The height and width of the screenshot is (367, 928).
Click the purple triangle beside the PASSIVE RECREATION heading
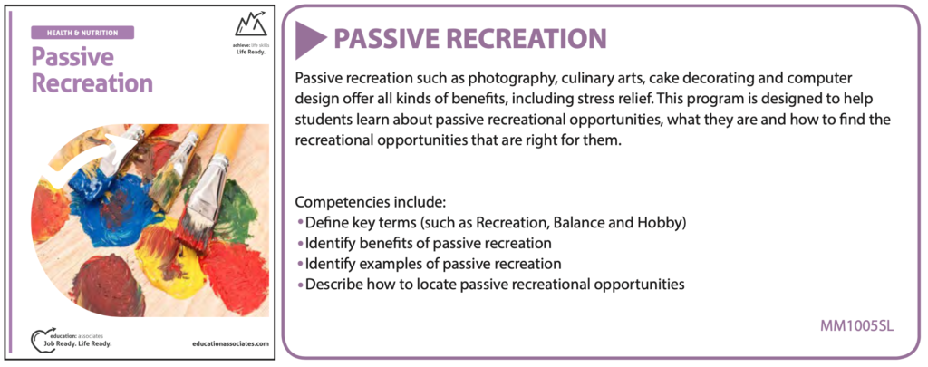(x=309, y=40)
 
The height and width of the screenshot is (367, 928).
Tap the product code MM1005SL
(x=857, y=326)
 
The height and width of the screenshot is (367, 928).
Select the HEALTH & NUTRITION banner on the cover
(x=82, y=33)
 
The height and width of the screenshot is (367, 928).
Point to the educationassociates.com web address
(x=231, y=343)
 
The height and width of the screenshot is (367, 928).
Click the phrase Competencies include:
(x=370, y=202)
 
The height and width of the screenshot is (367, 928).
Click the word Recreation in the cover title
(x=92, y=82)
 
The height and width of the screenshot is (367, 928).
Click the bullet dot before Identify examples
(x=300, y=264)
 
